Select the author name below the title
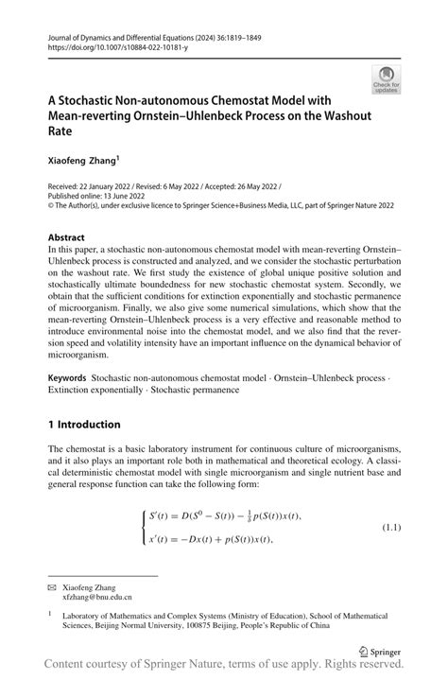coord(81,163)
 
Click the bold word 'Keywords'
coord(67,377)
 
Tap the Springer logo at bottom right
coord(380,651)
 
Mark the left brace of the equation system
coord(143,527)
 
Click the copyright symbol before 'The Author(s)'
coord(50,208)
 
